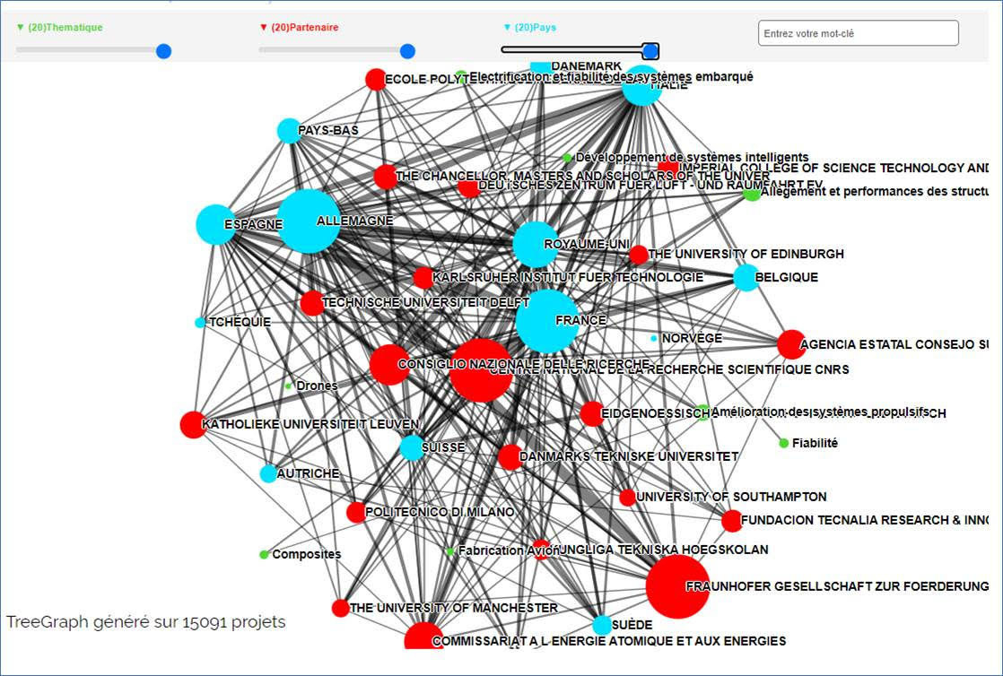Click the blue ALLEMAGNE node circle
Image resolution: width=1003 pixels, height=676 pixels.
tap(309, 221)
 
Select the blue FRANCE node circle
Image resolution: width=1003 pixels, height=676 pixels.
tap(546, 320)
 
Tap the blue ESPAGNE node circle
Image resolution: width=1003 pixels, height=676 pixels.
tap(215, 224)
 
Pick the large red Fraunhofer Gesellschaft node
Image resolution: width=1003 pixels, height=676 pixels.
tap(677, 586)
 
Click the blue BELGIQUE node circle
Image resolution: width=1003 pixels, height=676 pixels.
tap(746, 277)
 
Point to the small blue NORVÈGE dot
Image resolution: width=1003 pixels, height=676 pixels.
tap(654, 338)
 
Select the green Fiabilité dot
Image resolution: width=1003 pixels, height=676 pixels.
tap(784, 443)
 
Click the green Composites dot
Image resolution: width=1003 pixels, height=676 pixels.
tap(264, 554)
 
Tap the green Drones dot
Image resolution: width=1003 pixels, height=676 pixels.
tap(289, 386)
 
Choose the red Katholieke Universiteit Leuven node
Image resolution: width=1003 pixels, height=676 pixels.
tap(193, 424)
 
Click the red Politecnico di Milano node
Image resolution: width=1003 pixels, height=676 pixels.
tap(356, 512)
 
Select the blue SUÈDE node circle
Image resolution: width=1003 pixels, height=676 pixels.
tap(602, 625)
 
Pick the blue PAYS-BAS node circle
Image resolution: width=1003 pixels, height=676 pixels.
tap(289, 131)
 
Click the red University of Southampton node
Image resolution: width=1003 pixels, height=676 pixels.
tap(627, 497)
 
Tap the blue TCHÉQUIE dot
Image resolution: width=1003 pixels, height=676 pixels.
tap(200, 323)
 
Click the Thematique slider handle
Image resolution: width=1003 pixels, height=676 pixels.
tap(163, 51)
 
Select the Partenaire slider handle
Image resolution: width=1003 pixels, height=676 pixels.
tap(407, 51)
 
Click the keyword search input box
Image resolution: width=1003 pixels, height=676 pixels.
tap(858, 34)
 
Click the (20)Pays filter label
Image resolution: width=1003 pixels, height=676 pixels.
tap(535, 28)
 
